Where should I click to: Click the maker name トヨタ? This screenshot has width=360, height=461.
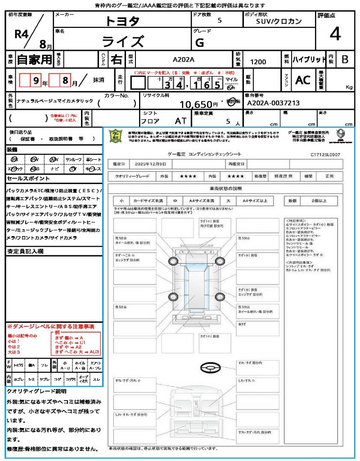122,21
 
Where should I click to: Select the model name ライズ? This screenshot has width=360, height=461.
122,41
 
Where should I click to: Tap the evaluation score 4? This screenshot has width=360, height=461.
335,34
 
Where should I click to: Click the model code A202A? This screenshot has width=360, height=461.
184,60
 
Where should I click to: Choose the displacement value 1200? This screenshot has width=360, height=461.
258,62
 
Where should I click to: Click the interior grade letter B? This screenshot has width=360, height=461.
345,59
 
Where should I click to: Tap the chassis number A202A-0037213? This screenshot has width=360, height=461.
273,103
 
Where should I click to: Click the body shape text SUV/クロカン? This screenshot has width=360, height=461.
279,21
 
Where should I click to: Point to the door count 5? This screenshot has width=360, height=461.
219,21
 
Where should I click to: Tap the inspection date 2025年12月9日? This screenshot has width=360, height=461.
153,164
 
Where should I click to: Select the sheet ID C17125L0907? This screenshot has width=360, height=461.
325,154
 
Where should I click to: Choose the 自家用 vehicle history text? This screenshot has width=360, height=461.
34,59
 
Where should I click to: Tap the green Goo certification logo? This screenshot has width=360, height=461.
117,136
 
